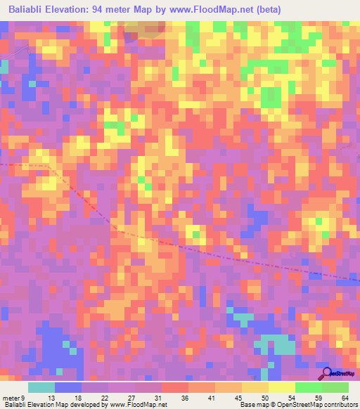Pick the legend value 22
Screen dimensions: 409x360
click(104, 397)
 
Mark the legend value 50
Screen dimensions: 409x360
click(264, 397)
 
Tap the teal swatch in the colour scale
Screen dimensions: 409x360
click(41, 387)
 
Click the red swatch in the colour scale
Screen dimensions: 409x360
click(174, 387)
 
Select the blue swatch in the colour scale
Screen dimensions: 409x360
click(68, 387)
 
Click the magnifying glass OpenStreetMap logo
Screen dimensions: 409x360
click(326, 373)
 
